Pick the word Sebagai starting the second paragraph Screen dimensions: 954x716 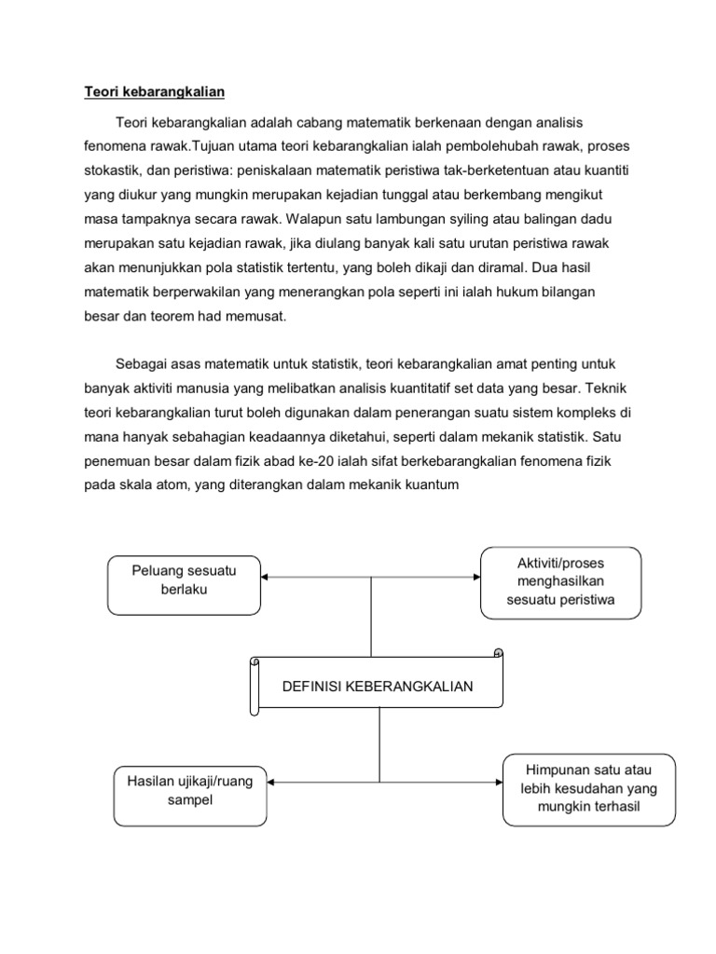142,363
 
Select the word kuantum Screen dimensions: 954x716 431,484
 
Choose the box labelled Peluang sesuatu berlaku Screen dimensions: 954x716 184,584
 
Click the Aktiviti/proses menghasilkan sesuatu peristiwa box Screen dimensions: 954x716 560,582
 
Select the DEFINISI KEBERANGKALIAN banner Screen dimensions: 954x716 378,687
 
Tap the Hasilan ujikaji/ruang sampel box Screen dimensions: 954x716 190,790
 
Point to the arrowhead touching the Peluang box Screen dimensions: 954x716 266,577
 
